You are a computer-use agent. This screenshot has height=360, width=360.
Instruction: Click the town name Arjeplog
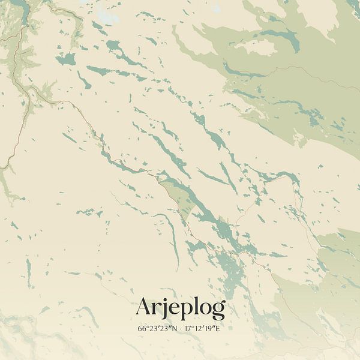[180, 308]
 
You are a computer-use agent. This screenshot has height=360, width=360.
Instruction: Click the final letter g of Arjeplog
[218, 310]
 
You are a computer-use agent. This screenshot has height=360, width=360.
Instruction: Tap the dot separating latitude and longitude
[180, 329]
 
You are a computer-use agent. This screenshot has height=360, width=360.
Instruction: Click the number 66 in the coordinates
[142, 329]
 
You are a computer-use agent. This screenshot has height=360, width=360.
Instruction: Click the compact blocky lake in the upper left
[67, 59]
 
